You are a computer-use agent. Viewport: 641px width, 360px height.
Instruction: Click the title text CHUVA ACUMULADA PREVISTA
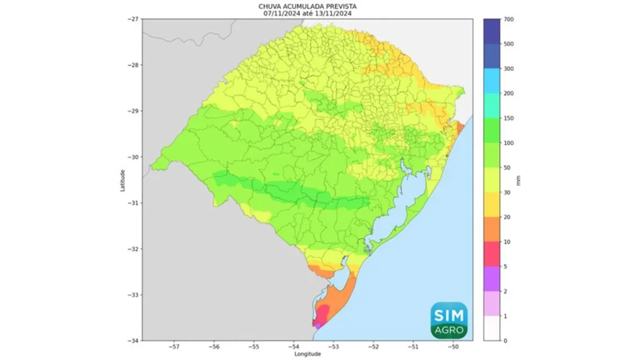(307, 6)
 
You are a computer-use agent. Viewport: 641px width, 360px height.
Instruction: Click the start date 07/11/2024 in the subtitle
(282, 13)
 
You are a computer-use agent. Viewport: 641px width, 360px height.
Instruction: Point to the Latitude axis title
(123, 179)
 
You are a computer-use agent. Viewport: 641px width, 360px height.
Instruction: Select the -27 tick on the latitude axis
(134, 19)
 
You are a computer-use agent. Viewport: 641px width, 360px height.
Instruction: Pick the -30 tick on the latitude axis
(134, 157)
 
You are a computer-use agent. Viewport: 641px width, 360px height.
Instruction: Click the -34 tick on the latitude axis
(134, 341)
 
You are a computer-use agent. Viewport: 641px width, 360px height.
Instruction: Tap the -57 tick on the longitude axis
(174, 347)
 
